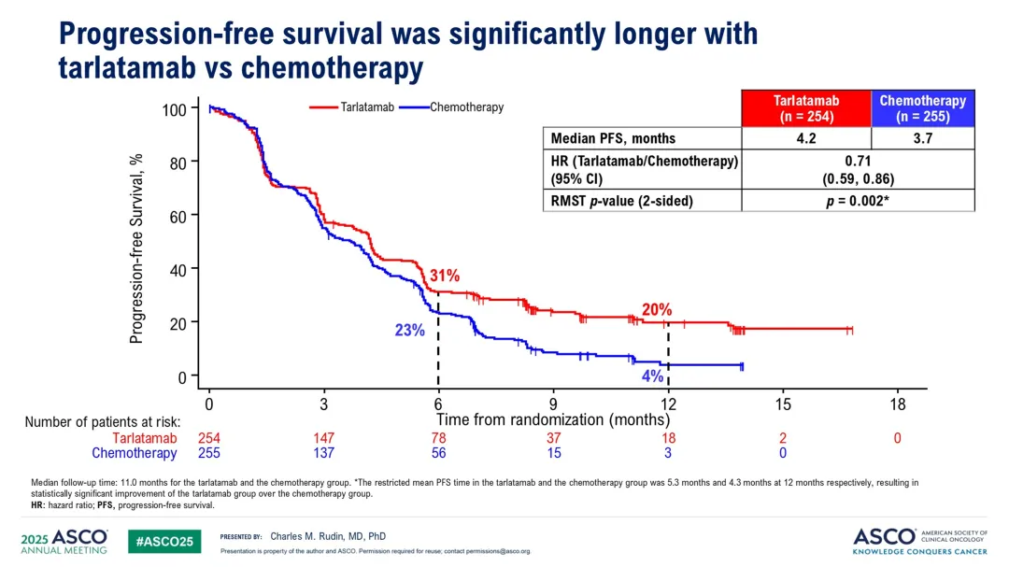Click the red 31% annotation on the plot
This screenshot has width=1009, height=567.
pyautogui.click(x=444, y=276)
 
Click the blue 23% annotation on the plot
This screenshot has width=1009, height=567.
pyautogui.click(x=409, y=330)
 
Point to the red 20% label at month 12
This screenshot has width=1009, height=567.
pyautogui.click(x=656, y=309)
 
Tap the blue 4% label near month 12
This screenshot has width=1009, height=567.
pyautogui.click(x=652, y=376)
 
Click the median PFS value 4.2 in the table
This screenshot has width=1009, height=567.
pyautogui.click(x=806, y=138)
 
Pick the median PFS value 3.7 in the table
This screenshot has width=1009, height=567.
pyautogui.click(x=923, y=138)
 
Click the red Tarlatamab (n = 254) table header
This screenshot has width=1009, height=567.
pyautogui.click(x=806, y=108)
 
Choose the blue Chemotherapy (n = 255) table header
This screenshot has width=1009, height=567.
pyautogui.click(x=923, y=108)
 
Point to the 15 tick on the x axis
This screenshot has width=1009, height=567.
pyautogui.click(x=783, y=404)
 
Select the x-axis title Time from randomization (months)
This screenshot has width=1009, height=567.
pyautogui.click(x=553, y=420)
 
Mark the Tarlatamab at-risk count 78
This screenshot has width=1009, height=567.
pyautogui.click(x=438, y=438)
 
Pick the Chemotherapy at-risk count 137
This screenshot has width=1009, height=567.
pyautogui.click(x=323, y=453)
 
